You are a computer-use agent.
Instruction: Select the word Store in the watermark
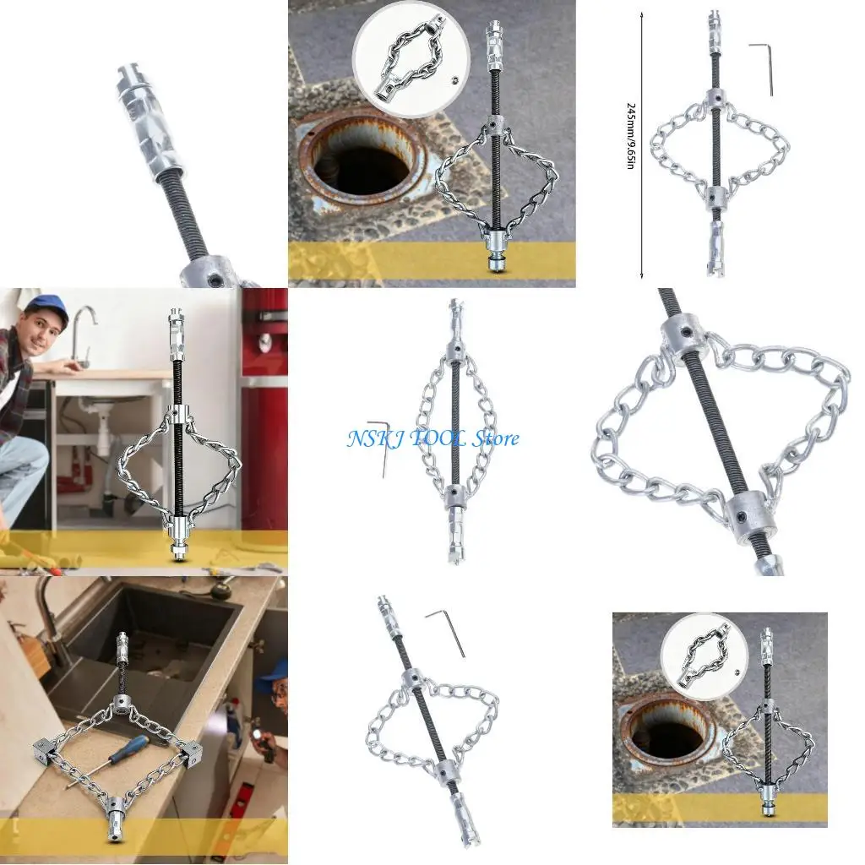492,438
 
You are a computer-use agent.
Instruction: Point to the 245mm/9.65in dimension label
630,135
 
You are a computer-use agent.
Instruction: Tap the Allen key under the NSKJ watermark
378,446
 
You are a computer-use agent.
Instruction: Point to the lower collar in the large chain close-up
752,515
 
